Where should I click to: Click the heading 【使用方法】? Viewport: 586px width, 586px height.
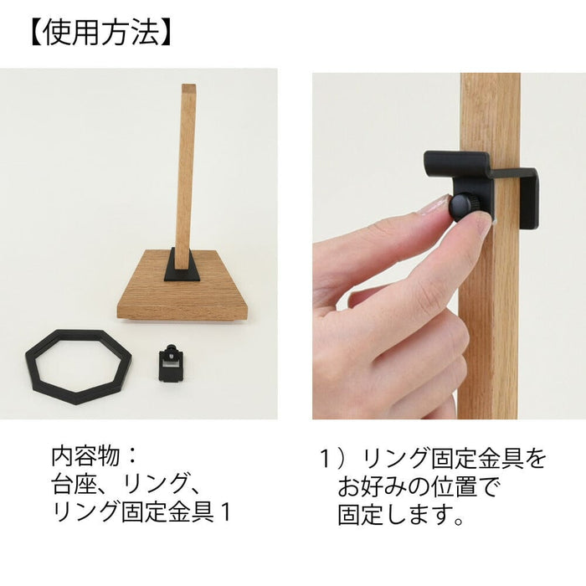coord(100,33)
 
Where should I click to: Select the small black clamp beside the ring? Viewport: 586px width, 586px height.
coord(171,362)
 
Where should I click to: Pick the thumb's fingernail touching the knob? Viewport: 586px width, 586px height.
coord(434,205)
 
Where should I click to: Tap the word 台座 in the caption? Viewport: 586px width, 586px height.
coord(69,484)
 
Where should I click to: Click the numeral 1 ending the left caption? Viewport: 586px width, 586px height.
coord(225,512)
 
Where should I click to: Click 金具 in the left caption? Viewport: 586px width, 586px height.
coord(191,512)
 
